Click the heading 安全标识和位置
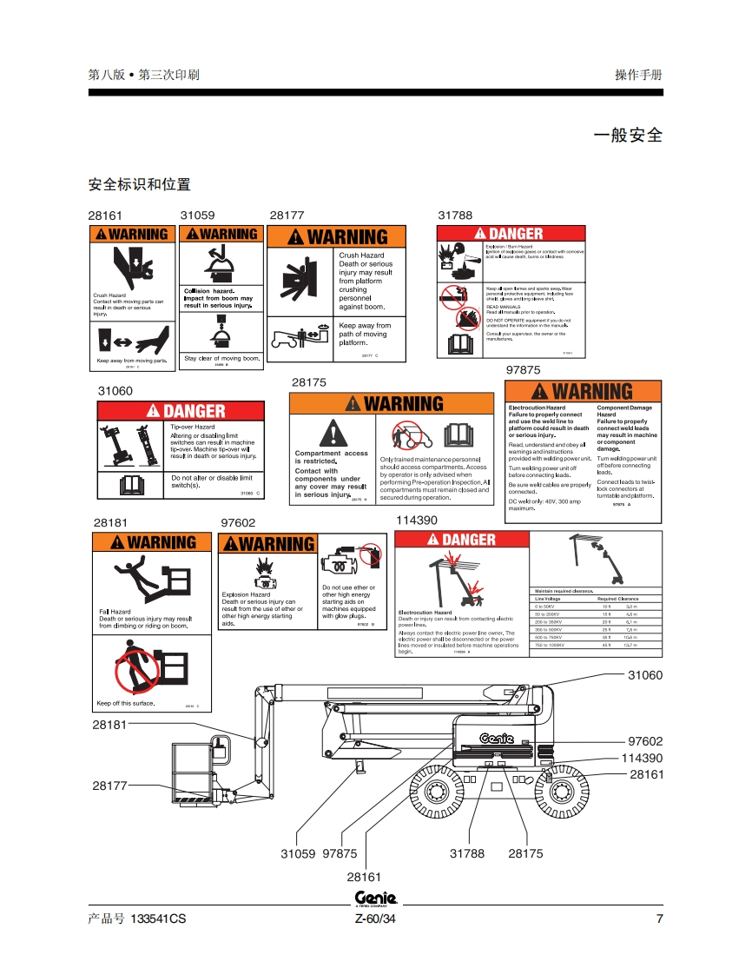pos(140,184)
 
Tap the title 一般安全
pos(627,135)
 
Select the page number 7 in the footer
pos(659,919)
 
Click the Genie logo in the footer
pos(376,899)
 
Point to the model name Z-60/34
pos(375,919)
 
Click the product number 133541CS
pos(157,919)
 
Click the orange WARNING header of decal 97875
pos(583,391)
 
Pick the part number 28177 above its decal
pos(287,215)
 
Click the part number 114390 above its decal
pos(417,520)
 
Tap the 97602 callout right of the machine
pos(645,741)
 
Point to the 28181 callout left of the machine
pos(110,724)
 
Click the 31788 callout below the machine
pos(467,853)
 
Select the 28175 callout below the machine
pos(525,853)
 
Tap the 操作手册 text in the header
pos(638,75)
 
